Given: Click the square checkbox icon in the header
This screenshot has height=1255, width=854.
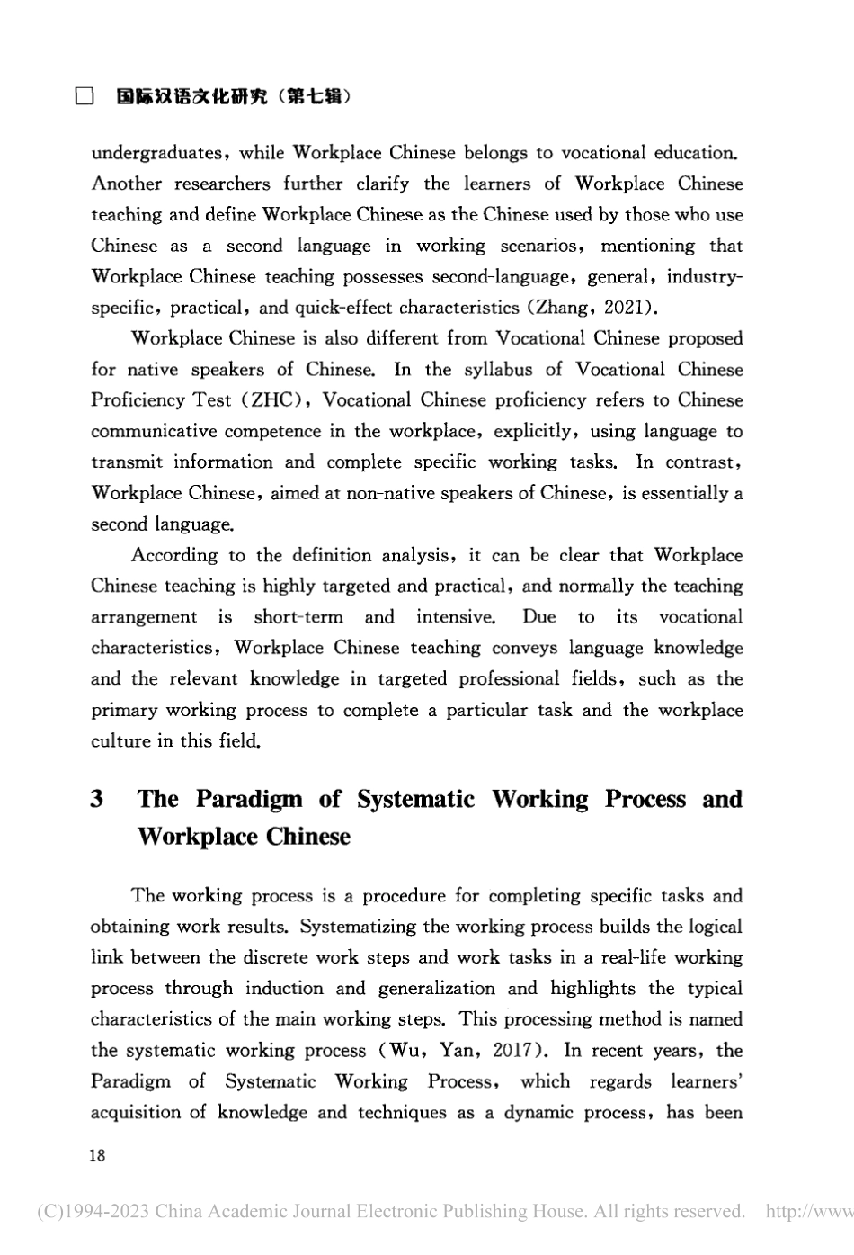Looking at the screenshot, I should coord(84,96).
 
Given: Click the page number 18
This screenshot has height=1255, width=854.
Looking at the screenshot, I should coord(97,1155).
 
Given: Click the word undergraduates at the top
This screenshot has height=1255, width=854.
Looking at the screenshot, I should coord(155,153).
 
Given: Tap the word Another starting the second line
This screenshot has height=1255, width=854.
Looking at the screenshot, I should coord(126,184).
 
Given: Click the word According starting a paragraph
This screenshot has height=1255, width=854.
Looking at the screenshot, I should coord(174,555).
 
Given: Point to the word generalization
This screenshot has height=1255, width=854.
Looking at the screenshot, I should coord(436,989).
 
